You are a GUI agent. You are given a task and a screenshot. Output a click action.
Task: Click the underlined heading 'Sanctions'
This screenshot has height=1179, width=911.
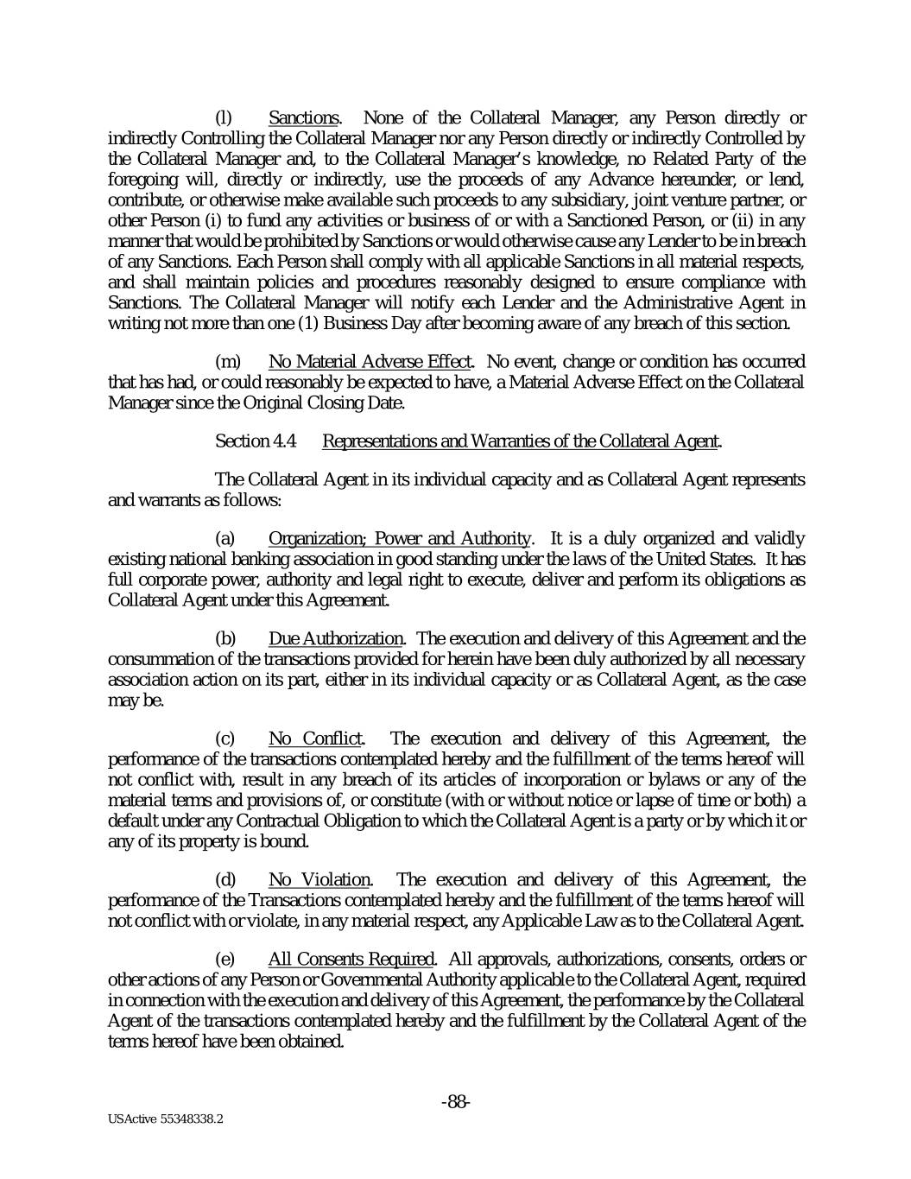(304, 118)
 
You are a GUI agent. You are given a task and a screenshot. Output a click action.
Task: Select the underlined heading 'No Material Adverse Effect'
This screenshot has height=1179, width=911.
(370, 361)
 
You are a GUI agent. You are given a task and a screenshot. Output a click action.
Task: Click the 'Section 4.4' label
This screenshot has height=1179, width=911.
(256, 441)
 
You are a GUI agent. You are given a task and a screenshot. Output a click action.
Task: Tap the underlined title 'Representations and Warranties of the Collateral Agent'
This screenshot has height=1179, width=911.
(521, 441)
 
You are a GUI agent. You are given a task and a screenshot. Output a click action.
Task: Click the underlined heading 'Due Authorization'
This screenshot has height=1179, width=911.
(335, 639)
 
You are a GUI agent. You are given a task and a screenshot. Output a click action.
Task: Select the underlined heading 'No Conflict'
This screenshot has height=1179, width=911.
(315, 738)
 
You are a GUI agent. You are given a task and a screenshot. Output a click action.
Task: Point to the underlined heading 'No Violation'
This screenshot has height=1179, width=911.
(319, 880)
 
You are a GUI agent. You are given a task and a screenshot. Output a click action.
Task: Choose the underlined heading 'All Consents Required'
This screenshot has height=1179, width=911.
(351, 960)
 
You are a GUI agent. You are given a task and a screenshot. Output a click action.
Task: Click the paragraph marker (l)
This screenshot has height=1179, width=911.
(222, 118)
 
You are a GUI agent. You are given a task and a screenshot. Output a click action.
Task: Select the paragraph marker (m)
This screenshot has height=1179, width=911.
(226, 361)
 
